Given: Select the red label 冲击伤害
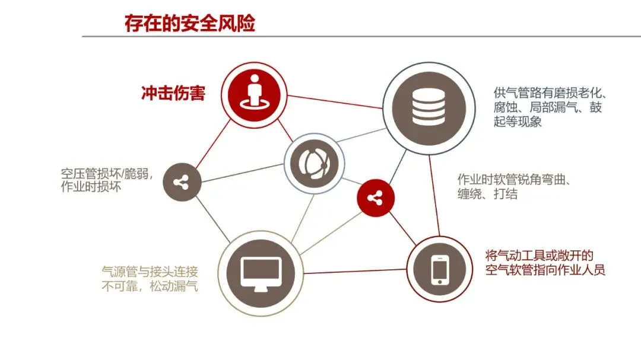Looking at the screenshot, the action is [x=173, y=93].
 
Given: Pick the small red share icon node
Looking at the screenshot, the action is [x=375, y=197].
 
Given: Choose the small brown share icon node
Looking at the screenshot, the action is [x=182, y=183].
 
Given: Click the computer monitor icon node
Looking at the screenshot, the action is [x=260, y=273].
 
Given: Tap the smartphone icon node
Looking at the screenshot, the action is [x=439, y=269].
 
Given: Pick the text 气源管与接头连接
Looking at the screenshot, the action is [x=150, y=272].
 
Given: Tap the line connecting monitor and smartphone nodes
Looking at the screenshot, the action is [x=355, y=271].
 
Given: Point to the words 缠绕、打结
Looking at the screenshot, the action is [x=487, y=194].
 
